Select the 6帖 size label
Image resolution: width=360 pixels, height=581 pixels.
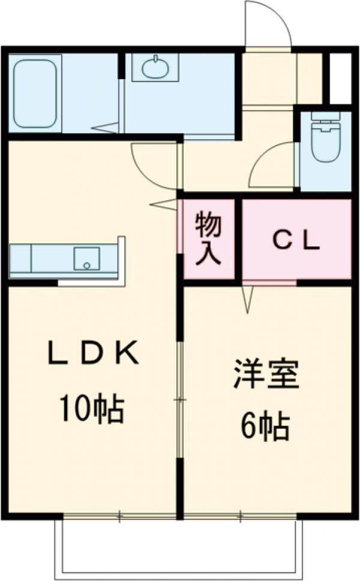(265, 426)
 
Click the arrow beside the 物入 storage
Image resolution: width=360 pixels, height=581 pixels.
(164, 204)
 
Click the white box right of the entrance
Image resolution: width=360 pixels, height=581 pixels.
(340, 78)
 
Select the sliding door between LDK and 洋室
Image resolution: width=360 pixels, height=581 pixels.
(180, 399)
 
